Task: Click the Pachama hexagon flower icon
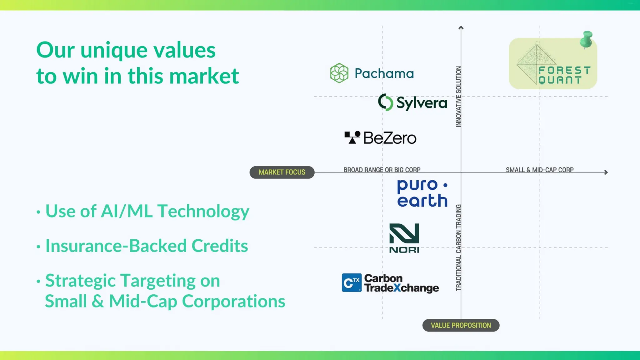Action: click(339, 73)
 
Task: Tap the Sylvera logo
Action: click(412, 102)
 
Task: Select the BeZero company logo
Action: click(380, 138)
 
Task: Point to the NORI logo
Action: click(404, 238)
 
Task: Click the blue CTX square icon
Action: click(352, 283)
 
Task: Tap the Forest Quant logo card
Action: click(552, 64)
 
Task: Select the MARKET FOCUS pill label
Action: click(282, 172)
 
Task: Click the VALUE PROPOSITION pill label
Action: click(461, 325)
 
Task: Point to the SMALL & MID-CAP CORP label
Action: click(540, 170)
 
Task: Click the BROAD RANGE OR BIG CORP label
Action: click(382, 170)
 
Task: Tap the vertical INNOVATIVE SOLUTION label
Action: click(458, 97)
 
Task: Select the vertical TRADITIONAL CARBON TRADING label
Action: click(458, 247)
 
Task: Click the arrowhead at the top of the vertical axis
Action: click(461, 28)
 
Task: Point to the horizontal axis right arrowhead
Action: click(606, 172)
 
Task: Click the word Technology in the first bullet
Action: click(203, 211)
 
